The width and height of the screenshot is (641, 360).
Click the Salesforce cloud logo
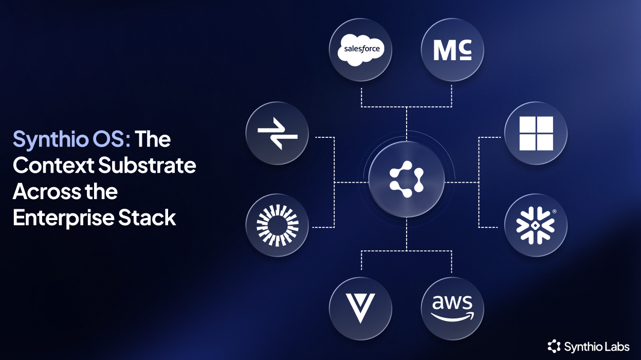pos(360,50)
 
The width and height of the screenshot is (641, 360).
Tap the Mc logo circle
pos(452,50)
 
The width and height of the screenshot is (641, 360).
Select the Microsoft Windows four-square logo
pos(536,133)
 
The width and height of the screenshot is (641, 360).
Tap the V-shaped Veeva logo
pos(360,309)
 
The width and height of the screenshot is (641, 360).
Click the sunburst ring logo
pos(277,225)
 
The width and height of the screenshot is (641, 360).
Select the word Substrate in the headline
pos(147,166)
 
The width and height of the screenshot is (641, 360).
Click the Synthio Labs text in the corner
pos(596,346)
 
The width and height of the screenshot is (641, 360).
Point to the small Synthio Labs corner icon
pos(554,346)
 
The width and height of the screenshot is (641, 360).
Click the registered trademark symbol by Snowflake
pos(554,211)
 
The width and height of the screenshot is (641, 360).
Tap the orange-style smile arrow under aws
pos(452,316)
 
